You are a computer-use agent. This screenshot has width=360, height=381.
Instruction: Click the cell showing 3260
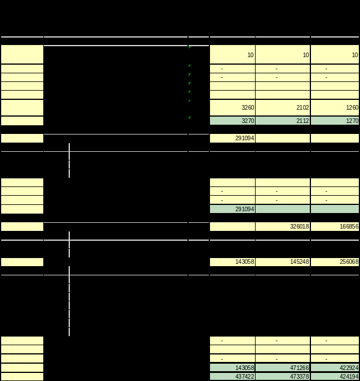tap(232, 107)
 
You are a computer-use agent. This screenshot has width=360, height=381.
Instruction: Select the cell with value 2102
tap(283, 107)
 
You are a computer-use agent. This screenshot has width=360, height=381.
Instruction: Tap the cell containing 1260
tap(335, 107)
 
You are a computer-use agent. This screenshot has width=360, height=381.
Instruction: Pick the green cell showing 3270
tap(232, 121)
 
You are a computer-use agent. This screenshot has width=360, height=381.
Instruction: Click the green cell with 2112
tap(283, 121)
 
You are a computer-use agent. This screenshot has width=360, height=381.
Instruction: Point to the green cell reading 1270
tap(335, 121)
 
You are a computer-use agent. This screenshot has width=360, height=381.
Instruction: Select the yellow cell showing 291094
tap(232, 139)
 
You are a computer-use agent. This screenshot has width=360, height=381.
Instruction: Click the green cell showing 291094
tap(232, 209)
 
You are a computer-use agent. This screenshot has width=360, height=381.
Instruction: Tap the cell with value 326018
tap(283, 227)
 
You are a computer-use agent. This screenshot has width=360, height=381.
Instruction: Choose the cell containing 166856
tap(335, 227)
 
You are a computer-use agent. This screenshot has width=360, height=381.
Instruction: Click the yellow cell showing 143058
tap(232, 262)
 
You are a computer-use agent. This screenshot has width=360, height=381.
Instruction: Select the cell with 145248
tap(283, 262)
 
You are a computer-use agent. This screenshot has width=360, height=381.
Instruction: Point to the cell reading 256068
tap(335, 262)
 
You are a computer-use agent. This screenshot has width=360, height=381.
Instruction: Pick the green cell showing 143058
tap(232, 368)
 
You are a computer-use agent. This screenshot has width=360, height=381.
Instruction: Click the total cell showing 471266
tap(283, 368)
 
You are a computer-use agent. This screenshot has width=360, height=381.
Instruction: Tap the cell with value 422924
tap(335, 368)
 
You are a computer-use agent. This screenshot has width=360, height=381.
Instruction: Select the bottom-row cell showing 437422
tap(232, 376)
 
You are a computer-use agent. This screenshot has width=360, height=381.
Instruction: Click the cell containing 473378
tap(283, 376)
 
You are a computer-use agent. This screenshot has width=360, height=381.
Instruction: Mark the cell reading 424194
tap(335, 376)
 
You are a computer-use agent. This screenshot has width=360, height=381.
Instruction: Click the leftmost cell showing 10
tap(232, 55)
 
